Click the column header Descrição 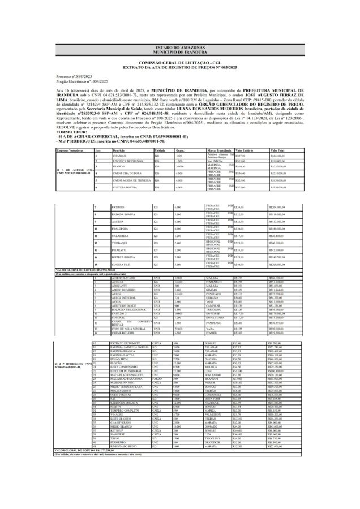click(x=119, y=150)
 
